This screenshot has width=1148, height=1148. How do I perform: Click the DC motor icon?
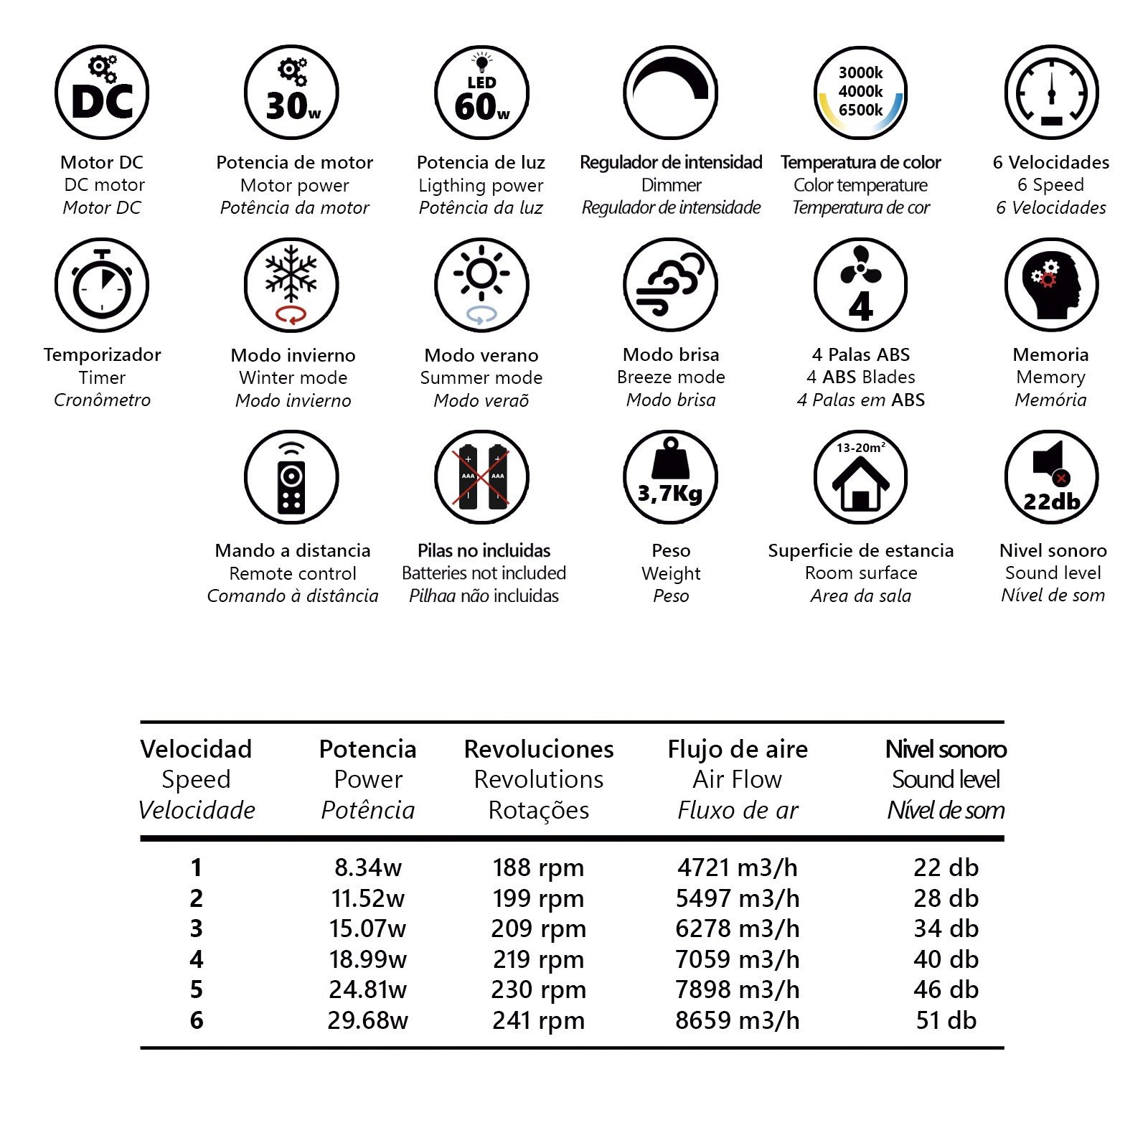(x=102, y=93)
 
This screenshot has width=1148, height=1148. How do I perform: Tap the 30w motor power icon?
(x=291, y=93)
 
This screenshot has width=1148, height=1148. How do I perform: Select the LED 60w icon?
(x=481, y=93)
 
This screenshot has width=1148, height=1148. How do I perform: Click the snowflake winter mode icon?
(x=291, y=285)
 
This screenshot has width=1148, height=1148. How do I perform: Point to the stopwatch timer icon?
(x=102, y=285)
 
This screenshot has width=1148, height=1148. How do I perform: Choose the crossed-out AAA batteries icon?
(x=481, y=477)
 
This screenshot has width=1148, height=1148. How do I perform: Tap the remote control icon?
(x=291, y=477)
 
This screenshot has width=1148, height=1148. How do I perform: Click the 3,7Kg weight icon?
(x=670, y=477)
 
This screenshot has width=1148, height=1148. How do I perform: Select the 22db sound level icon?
(x=1051, y=477)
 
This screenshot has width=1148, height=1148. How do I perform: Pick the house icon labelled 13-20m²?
(x=860, y=477)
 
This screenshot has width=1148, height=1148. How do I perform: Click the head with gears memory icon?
(x=1051, y=285)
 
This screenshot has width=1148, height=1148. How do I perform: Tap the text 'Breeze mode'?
(x=671, y=377)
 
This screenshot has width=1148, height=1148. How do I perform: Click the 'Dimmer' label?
(x=671, y=185)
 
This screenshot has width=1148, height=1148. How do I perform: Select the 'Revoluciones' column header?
(x=539, y=749)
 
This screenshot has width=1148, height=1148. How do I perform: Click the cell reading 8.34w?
(x=368, y=867)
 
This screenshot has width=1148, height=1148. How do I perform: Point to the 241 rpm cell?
(x=538, y=1020)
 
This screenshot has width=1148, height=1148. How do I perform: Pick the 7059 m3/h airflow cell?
(x=737, y=959)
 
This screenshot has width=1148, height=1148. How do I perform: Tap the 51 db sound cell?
(x=946, y=1020)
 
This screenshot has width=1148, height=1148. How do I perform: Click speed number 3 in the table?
(x=196, y=928)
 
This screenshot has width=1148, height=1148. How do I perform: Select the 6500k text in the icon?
(x=860, y=110)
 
